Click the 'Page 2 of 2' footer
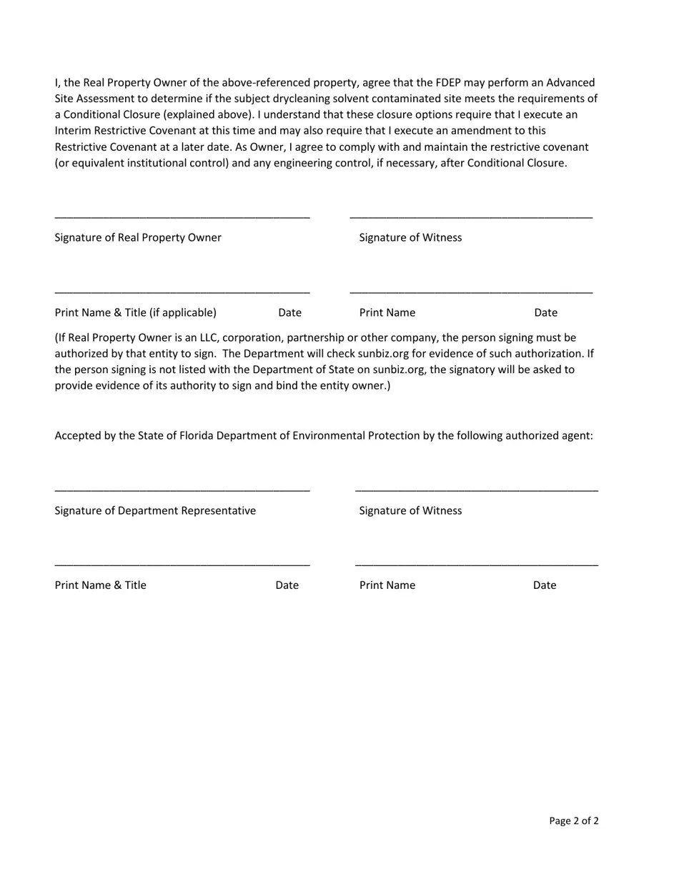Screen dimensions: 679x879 click(x=573, y=820)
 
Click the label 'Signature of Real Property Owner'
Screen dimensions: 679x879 click(x=138, y=237)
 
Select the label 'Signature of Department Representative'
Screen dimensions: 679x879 click(x=155, y=510)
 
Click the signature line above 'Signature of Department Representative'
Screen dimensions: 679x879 click(x=182, y=490)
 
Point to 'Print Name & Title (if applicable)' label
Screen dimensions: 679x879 click(x=135, y=312)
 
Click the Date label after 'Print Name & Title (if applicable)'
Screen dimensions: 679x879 click(x=289, y=312)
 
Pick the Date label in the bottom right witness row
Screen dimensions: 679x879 click(x=544, y=585)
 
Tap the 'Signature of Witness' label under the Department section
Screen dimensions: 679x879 click(x=410, y=510)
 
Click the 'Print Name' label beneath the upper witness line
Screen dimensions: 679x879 click(x=387, y=312)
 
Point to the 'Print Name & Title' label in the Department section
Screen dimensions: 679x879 click(x=100, y=585)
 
